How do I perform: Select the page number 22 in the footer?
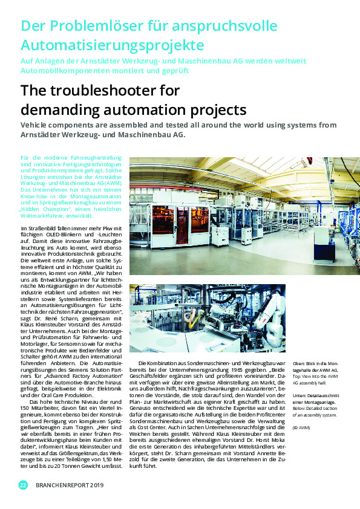coord(23,485)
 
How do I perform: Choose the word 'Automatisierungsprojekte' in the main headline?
coord(112,45)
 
